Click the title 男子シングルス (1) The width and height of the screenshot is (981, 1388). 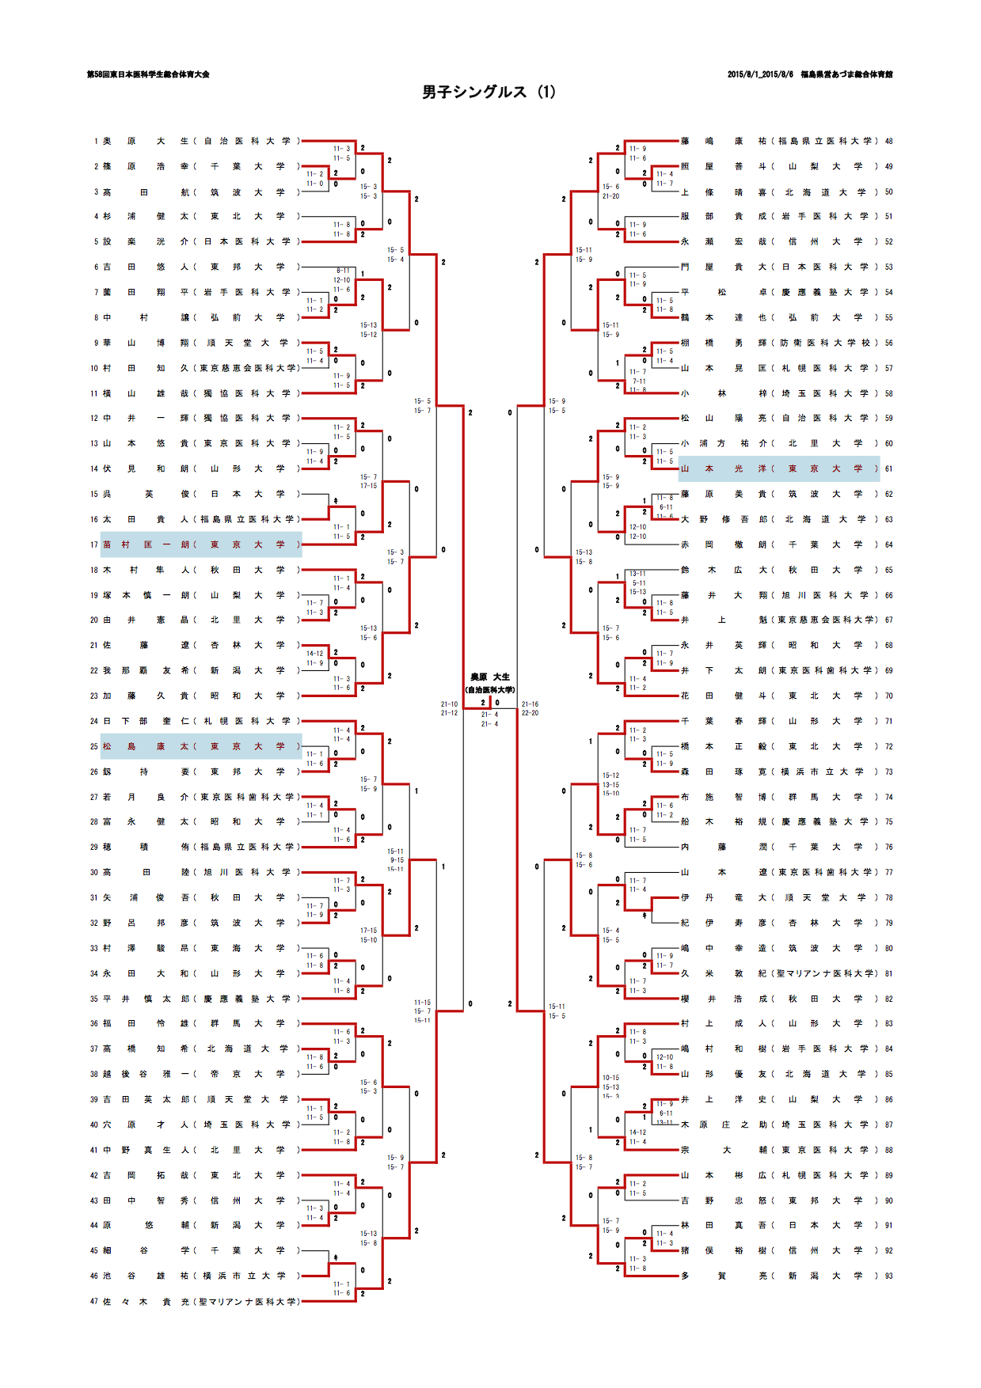[x=489, y=92]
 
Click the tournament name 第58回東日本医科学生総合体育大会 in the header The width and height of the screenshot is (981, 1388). [x=148, y=74]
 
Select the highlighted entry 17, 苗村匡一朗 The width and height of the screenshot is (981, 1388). [x=201, y=544]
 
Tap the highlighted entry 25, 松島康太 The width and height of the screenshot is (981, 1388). [x=201, y=746]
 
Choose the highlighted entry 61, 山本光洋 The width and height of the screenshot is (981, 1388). [x=779, y=468]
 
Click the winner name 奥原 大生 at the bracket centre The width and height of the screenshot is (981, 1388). [x=490, y=677]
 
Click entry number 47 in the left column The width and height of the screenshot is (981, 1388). [x=94, y=1301]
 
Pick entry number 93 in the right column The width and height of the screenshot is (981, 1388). [x=888, y=1276]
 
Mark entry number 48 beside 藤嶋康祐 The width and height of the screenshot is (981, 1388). [x=888, y=141]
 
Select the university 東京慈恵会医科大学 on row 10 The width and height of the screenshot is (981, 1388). [x=248, y=368]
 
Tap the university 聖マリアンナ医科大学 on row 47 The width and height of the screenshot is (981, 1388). [x=248, y=1301]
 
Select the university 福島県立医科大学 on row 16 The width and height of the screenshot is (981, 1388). [x=248, y=519]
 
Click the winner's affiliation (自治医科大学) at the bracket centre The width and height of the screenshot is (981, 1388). [x=490, y=690]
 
